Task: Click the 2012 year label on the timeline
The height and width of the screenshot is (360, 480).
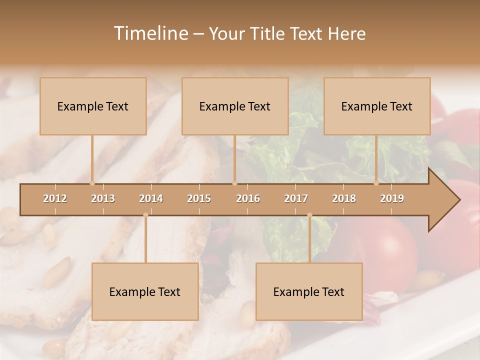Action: coord(55,198)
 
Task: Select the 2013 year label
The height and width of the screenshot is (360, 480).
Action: coord(103,198)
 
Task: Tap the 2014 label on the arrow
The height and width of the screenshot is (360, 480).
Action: coord(151,198)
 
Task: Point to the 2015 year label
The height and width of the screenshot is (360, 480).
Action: coord(199,198)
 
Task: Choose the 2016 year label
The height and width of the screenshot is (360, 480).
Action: coord(248,198)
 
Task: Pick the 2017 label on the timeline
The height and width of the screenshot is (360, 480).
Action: coord(296,198)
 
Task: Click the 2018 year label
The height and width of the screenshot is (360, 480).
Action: coord(344,198)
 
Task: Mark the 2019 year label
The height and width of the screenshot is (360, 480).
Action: coord(392,198)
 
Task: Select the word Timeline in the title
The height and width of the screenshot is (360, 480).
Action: coord(150,33)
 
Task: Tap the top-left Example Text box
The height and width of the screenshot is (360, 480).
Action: coord(93,106)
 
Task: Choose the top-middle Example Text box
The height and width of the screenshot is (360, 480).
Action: coord(235,106)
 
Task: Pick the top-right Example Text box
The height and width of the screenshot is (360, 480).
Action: coord(377,106)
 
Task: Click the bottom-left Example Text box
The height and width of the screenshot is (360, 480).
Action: coord(145,291)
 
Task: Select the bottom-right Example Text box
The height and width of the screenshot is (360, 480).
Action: coord(309,291)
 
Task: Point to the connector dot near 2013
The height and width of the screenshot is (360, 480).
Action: coord(92,183)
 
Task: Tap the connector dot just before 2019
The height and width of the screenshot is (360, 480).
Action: coord(376,183)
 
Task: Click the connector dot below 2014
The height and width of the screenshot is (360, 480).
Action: coord(145,215)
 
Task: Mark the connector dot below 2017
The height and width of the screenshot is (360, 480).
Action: coord(309,215)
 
